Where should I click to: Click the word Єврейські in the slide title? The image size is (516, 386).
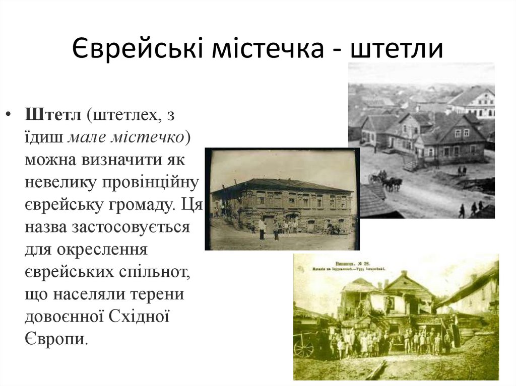134,49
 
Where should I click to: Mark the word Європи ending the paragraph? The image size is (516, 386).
55,338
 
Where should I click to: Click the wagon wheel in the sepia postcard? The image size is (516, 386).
303,347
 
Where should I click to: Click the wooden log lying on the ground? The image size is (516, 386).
376,371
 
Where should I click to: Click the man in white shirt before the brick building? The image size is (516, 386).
262,228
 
